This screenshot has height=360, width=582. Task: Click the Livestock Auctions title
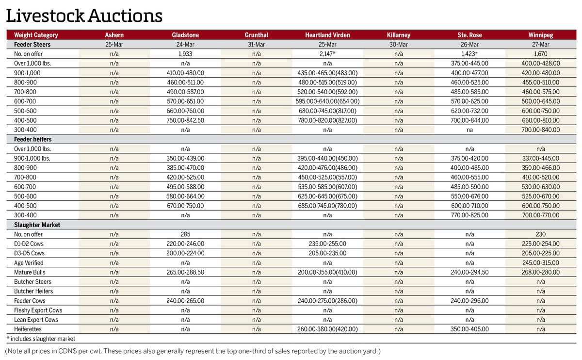point(84,16)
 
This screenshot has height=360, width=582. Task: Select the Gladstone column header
point(185,35)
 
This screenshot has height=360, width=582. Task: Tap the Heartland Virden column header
point(327,35)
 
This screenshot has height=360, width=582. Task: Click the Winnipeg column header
point(541,35)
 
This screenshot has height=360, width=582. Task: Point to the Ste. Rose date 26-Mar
point(469,44)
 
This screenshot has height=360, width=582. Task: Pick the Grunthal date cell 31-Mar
point(257,44)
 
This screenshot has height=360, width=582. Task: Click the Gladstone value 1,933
point(185,54)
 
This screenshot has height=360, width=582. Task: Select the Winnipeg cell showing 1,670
point(541,54)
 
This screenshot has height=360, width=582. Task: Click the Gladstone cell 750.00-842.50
point(185,120)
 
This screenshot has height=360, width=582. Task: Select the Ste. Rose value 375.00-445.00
point(469,63)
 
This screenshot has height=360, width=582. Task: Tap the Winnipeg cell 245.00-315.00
point(541,262)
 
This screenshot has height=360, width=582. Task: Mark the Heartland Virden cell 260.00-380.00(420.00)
point(327,329)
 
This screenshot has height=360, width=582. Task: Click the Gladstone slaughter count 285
point(185,234)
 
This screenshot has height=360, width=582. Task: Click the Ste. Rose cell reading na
point(469,130)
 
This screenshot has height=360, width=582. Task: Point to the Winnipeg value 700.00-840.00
point(541,130)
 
